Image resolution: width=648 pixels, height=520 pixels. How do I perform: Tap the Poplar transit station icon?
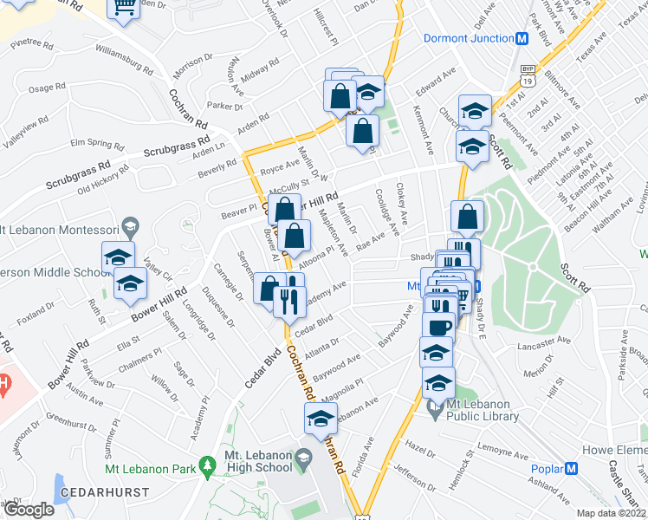(x=571, y=469)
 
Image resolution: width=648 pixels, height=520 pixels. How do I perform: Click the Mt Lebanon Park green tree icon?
(x=207, y=467)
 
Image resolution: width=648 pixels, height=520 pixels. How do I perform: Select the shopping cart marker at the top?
(x=125, y=9)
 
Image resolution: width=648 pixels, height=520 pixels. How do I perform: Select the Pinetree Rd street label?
(x=34, y=41)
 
